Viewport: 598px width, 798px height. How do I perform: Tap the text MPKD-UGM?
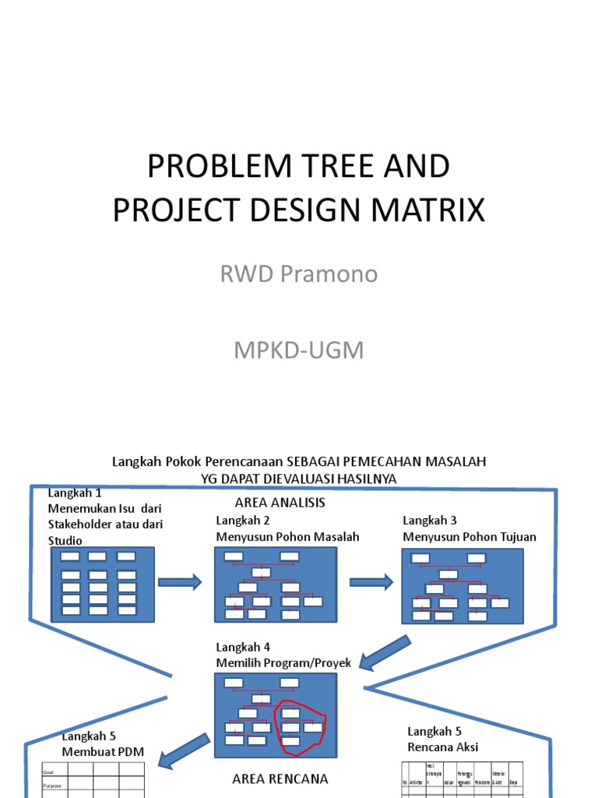(299, 350)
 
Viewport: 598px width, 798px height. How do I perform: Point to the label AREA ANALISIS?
(280, 503)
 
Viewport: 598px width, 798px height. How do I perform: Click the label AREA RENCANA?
(280, 778)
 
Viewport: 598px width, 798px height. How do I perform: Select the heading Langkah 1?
(75, 493)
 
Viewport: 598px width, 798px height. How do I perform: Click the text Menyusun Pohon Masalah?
(287, 537)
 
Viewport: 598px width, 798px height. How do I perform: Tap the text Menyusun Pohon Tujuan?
(469, 537)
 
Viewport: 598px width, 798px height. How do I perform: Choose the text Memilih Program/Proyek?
(283, 663)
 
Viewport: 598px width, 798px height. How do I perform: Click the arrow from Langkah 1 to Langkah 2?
(180, 582)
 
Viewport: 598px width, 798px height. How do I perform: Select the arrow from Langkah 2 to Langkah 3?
(371, 581)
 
